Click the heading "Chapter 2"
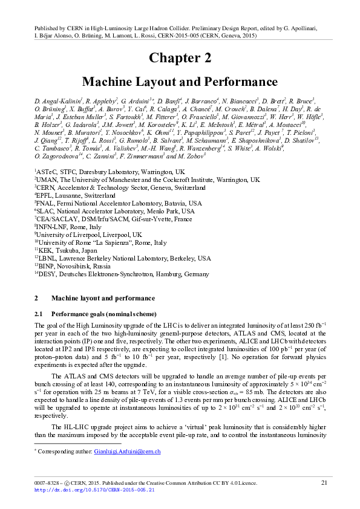(180, 58)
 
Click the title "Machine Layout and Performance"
(180, 82)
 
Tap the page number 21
(324, 482)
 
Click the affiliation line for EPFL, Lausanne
(75, 196)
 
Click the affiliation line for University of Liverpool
(88, 234)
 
